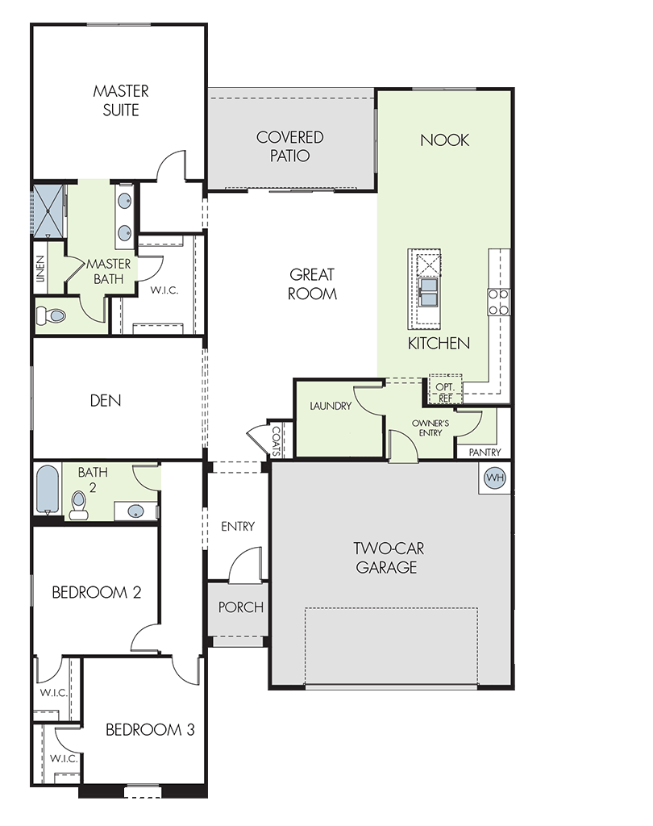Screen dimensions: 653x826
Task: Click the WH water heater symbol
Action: point(494,478)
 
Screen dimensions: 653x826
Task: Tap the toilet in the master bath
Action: point(51,316)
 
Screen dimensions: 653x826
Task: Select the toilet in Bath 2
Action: point(79,505)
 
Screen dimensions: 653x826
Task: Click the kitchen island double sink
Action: point(428,292)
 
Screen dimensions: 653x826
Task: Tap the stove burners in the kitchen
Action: point(498,302)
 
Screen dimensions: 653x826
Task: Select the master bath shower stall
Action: point(48,211)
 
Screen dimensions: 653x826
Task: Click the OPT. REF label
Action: point(445,393)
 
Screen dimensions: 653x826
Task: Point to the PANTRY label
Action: point(485,452)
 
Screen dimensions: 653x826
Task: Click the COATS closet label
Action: point(276,440)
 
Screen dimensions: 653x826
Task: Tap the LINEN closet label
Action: point(40,269)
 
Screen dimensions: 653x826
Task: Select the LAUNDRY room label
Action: point(331,406)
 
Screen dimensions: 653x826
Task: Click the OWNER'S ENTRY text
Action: point(430,428)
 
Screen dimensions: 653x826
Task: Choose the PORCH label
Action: point(241,607)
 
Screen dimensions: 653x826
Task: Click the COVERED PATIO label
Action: point(289,147)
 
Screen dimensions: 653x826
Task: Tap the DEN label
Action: point(106,400)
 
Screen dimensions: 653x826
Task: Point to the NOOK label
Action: point(444,140)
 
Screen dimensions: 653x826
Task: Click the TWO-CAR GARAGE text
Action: point(388,558)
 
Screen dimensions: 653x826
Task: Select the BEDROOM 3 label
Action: point(150,729)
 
